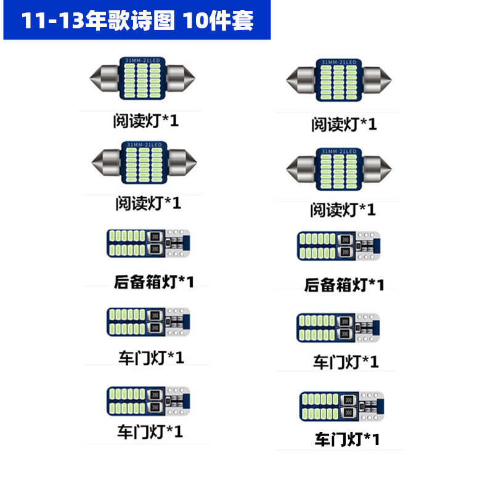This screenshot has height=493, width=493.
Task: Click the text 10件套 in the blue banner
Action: click(x=219, y=21)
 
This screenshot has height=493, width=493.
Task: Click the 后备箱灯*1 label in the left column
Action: click(x=154, y=282)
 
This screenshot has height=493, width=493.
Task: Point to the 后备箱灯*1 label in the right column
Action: click(x=344, y=285)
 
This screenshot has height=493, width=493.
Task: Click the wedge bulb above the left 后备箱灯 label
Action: click(x=149, y=244)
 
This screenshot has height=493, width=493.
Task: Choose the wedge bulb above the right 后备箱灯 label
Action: click(x=338, y=246)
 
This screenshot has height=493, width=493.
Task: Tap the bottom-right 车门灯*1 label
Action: click(x=348, y=439)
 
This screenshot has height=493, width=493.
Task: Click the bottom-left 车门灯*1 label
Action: click(x=150, y=431)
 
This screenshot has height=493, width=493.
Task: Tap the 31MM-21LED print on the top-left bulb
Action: click(x=143, y=60)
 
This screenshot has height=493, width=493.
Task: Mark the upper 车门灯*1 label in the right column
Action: click(x=345, y=361)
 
